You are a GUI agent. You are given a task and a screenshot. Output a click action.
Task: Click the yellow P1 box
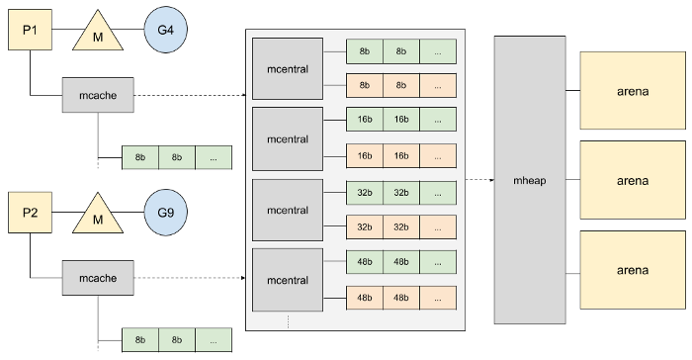30,31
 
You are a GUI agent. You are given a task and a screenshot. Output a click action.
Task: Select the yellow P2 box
30,214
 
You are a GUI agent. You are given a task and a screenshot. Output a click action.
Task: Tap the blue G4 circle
165,31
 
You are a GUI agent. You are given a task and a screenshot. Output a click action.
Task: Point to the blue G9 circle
165,214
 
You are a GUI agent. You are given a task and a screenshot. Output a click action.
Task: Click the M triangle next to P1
98,34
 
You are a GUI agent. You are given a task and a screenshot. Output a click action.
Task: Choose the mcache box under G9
98,278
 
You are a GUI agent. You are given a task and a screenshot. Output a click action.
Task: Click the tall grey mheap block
530,180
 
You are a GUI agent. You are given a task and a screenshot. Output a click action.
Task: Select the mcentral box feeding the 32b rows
288,210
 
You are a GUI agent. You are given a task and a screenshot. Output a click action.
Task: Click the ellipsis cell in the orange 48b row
437,298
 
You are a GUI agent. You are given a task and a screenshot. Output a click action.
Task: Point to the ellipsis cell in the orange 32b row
437,227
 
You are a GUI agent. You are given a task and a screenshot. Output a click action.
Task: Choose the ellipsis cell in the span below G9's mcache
213,339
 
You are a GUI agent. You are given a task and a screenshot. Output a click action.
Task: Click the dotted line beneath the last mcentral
288,322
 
